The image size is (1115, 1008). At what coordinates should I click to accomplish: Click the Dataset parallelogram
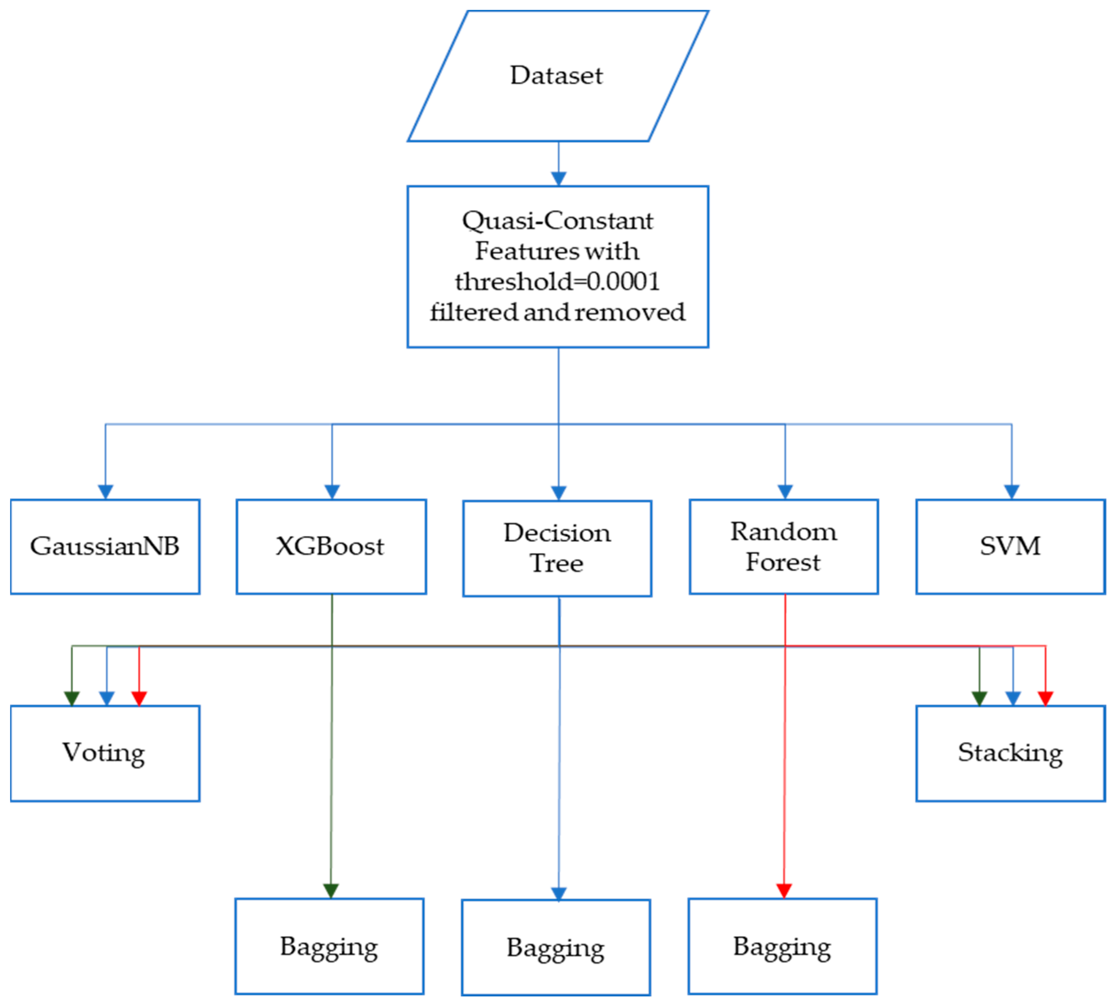(557, 76)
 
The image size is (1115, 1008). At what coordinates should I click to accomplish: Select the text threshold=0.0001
(557, 281)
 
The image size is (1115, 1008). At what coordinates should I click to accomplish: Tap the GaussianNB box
(105, 546)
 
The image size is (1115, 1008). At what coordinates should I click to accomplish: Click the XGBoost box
(331, 546)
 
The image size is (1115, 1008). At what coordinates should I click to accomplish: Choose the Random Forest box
(784, 546)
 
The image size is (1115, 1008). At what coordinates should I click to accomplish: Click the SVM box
(1010, 546)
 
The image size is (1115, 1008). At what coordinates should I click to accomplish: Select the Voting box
(105, 753)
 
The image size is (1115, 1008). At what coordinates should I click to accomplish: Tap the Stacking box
(1010, 753)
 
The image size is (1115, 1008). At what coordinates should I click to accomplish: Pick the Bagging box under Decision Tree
(556, 947)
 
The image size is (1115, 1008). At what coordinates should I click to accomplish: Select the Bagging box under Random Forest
(782, 946)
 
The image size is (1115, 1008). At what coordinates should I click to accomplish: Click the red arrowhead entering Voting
(139, 699)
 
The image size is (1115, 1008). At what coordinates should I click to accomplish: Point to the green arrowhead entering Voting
(72, 699)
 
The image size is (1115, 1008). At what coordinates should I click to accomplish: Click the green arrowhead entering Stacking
(979, 699)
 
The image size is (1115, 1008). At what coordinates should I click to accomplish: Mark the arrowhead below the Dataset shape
(559, 178)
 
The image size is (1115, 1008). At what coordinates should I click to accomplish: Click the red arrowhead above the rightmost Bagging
(784, 890)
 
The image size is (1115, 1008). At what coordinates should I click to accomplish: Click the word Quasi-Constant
(557, 221)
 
